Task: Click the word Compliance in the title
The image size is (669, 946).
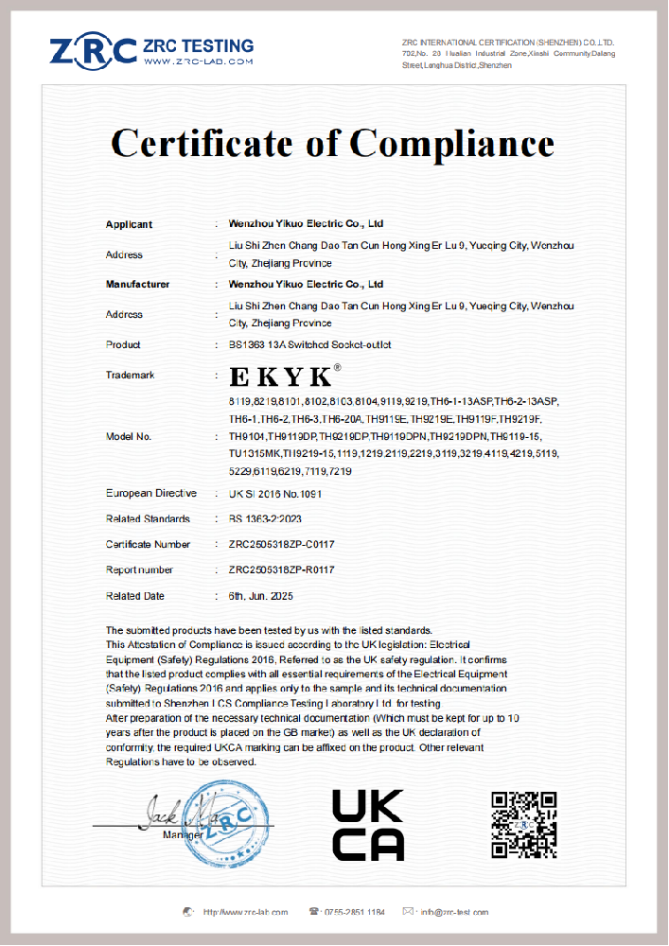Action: [x=452, y=144]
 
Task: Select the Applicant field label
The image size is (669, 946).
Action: [x=129, y=225]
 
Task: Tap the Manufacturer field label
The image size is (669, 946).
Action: [x=137, y=285]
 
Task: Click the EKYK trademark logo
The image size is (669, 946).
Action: [x=281, y=377]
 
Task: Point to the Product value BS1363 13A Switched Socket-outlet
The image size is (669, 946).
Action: [x=309, y=345]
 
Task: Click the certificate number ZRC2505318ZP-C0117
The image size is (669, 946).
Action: [x=281, y=545]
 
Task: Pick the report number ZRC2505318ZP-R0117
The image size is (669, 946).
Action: [x=281, y=570]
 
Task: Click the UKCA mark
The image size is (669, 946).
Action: [x=368, y=826]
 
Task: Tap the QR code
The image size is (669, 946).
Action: [x=523, y=825]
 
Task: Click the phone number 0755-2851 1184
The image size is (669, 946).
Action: [x=354, y=912]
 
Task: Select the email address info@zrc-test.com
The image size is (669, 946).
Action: [x=454, y=912]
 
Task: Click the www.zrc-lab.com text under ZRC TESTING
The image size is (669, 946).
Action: [x=200, y=61]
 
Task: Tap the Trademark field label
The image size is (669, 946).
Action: [x=130, y=377]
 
